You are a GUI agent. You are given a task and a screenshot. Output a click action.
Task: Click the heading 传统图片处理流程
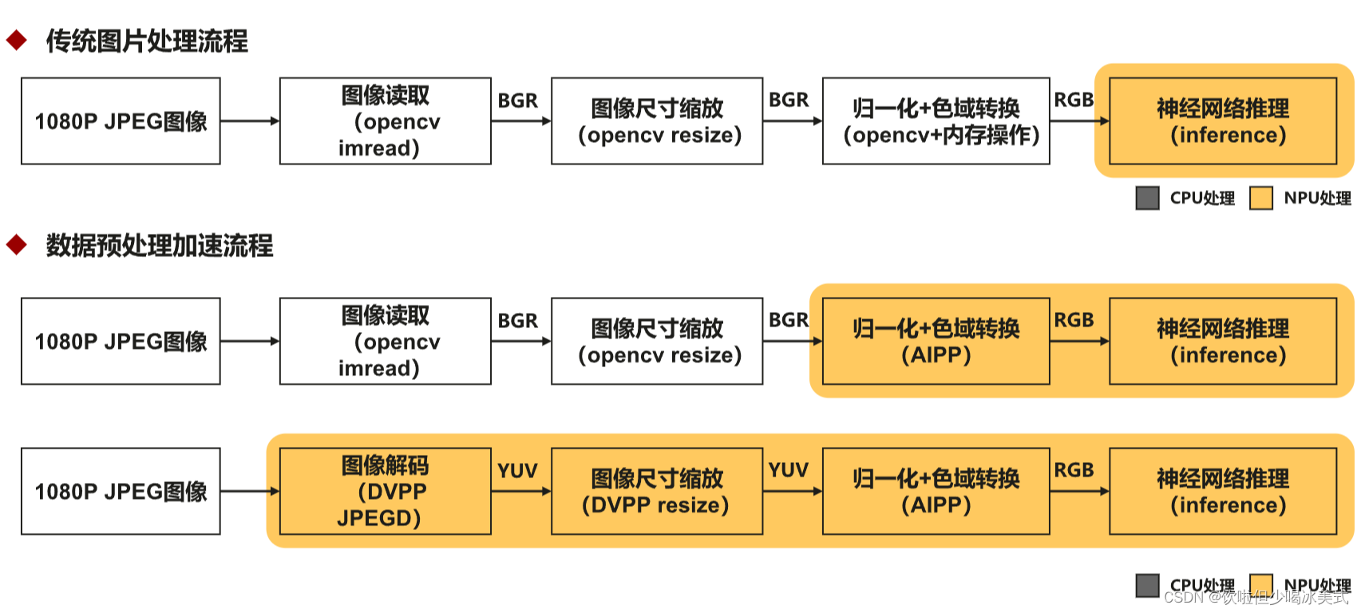(x=147, y=41)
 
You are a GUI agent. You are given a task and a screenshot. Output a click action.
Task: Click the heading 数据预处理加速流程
(x=160, y=245)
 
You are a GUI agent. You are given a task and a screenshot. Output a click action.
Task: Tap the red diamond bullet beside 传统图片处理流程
(x=17, y=40)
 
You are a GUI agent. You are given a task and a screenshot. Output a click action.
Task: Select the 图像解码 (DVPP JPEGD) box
(x=385, y=491)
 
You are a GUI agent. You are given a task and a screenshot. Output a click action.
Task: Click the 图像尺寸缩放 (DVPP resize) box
(x=656, y=491)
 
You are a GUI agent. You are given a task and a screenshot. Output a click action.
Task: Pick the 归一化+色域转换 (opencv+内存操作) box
(x=936, y=121)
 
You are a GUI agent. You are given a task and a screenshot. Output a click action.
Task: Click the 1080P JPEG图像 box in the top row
(x=121, y=121)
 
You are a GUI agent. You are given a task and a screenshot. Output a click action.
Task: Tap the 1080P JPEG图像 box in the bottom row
(x=121, y=491)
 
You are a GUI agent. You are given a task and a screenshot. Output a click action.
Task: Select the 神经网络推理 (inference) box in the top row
(x=1222, y=121)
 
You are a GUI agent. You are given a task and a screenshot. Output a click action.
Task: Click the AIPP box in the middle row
(x=936, y=342)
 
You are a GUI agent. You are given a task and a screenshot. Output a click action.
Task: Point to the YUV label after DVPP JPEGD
(x=517, y=471)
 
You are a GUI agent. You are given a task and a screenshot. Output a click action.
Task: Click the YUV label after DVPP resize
(x=788, y=470)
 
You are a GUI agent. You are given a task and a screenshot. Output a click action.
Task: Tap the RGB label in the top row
(x=1074, y=100)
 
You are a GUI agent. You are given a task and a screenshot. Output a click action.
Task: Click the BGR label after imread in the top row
(x=517, y=101)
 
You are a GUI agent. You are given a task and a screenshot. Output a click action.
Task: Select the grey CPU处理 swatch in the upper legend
(x=1147, y=198)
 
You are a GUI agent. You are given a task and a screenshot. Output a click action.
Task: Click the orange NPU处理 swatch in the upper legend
(x=1260, y=198)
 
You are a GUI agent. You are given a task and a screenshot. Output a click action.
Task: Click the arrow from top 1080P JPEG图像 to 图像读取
(x=250, y=121)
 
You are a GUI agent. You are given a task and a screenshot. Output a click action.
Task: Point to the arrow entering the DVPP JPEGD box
(x=250, y=491)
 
